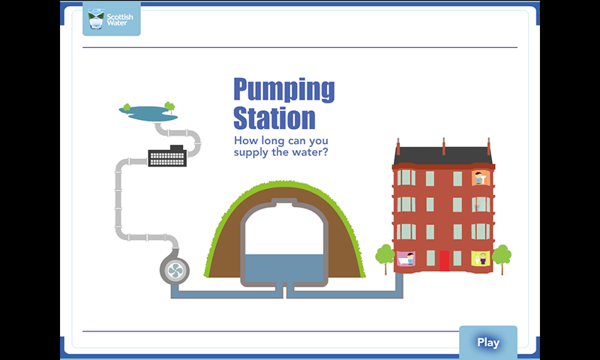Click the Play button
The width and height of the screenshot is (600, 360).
(488, 343)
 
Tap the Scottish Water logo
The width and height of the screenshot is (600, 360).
(111, 19)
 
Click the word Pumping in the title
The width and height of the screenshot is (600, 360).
(284, 90)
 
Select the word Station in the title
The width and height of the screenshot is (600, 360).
(274, 118)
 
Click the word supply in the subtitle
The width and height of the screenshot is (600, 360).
(251, 153)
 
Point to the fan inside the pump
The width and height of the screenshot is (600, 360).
(175, 271)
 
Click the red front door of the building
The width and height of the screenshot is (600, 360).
(444, 260)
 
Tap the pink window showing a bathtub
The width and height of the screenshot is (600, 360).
(406, 258)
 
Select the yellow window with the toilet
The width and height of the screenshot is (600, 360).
(481, 258)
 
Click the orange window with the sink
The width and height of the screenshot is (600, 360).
(481, 178)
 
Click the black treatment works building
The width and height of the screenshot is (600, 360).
(167, 156)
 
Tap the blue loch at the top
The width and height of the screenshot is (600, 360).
(148, 113)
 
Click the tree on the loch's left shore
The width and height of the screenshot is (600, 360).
(127, 108)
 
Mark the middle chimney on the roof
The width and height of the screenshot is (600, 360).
(443, 146)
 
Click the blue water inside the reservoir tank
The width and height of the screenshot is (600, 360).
(284, 268)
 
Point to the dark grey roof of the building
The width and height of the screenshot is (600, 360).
(443, 156)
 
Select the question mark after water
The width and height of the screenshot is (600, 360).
(325, 152)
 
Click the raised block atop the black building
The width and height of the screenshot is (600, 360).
(177, 148)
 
